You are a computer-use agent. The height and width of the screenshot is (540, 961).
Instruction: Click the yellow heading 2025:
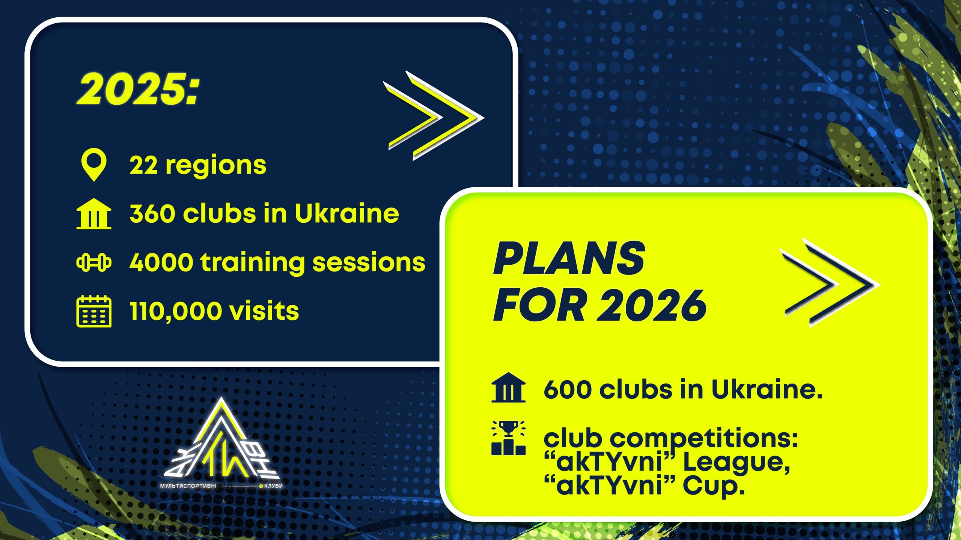click(138, 89)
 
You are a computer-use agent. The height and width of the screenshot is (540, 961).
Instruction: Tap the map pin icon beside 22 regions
click(94, 165)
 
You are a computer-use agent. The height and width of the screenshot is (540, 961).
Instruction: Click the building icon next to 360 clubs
click(94, 213)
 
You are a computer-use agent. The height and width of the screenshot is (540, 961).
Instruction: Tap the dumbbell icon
click(94, 262)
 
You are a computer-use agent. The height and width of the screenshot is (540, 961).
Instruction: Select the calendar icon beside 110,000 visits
click(94, 311)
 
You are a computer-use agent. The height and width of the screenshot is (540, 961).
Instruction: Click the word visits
click(264, 311)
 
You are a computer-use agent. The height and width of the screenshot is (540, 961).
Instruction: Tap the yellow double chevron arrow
click(434, 116)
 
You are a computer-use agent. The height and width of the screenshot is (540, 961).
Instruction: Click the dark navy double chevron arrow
click(830, 282)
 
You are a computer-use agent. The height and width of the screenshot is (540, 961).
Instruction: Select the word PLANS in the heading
click(569, 258)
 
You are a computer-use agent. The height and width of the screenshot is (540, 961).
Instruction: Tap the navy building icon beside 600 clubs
click(508, 388)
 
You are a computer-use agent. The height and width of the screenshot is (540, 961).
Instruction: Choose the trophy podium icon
click(508, 438)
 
